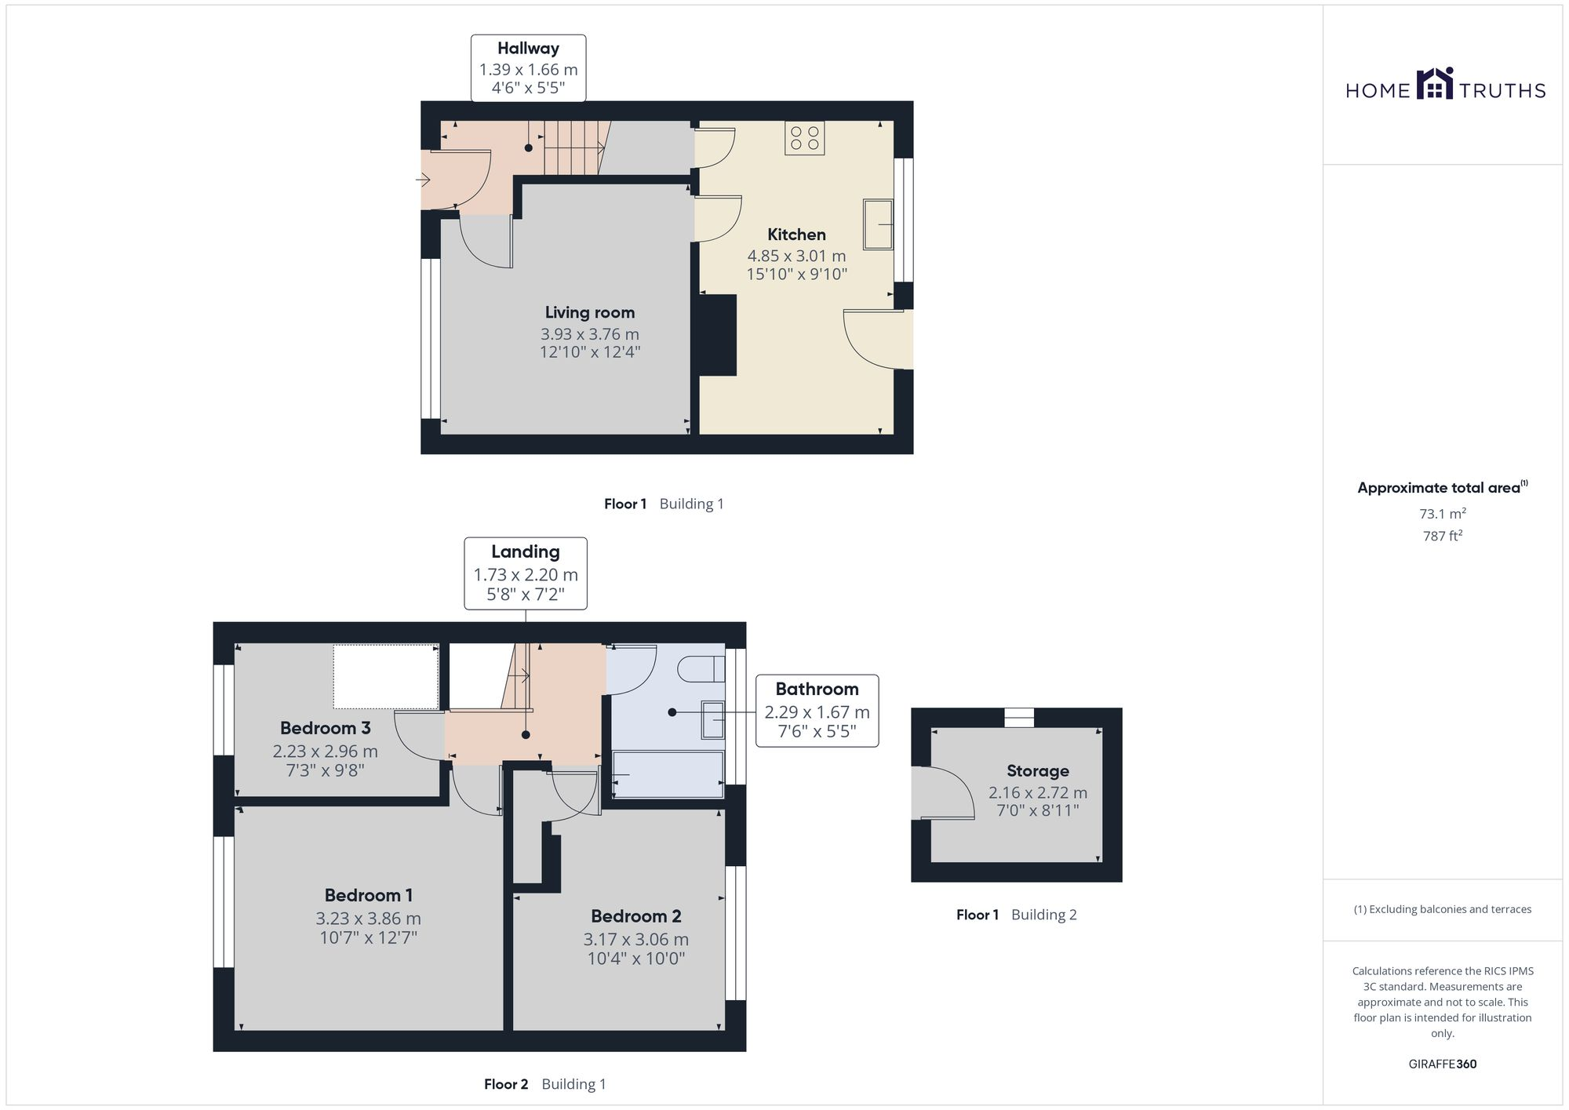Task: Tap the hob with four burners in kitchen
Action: (x=804, y=138)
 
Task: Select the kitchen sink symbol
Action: (x=878, y=224)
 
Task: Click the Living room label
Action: (x=589, y=312)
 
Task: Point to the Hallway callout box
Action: (x=528, y=68)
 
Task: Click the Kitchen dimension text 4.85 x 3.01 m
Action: (x=796, y=256)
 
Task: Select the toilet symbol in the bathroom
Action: (x=701, y=670)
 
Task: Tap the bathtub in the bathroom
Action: (x=668, y=774)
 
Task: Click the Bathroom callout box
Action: (x=817, y=710)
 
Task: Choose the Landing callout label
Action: (x=525, y=552)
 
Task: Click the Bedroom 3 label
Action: (x=325, y=727)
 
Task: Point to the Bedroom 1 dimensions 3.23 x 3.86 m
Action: (x=368, y=918)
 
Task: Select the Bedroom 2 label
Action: (x=635, y=915)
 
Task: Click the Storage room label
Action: (x=1037, y=770)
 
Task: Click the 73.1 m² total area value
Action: (x=1442, y=514)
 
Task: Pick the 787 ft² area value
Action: (x=1442, y=536)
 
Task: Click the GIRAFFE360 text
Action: (x=1442, y=1064)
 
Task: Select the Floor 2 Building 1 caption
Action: (x=544, y=1083)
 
